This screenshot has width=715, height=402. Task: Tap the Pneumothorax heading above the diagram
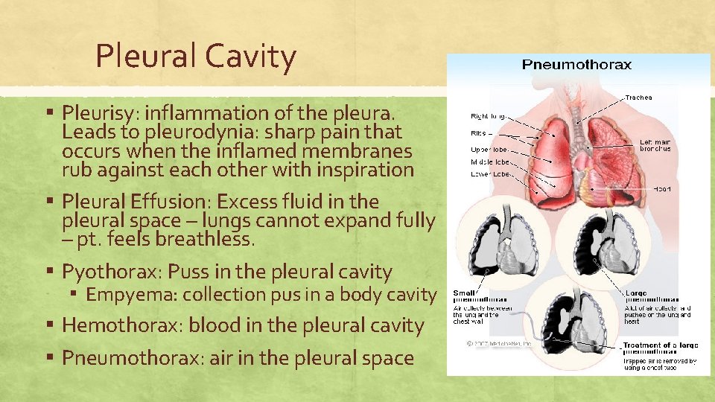point(576,64)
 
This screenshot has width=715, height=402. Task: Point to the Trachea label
point(638,98)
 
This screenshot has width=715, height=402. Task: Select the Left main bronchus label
point(655,144)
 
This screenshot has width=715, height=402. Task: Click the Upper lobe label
point(489,150)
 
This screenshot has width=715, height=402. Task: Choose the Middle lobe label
point(490,162)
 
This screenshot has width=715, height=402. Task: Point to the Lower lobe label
point(489,174)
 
